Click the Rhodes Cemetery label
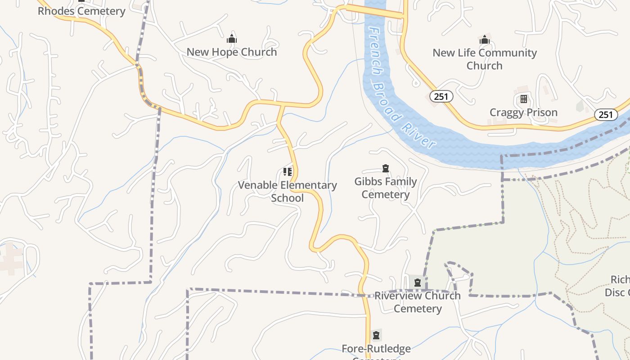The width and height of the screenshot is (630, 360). (x=81, y=11)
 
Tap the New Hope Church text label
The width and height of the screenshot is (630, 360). (x=232, y=52)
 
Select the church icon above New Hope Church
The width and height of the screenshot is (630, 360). (x=232, y=39)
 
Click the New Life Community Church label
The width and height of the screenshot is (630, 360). (x=484, y=59)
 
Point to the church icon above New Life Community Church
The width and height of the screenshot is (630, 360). (x=484, y=40)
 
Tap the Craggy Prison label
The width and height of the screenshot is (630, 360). (x=523, y=112)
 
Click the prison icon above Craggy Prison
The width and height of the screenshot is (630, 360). (x=523, y=99)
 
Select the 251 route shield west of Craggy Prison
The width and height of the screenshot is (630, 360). (x=441, y=96)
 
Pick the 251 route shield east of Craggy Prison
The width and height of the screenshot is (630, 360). (x=606, y=115)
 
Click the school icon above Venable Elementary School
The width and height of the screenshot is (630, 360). (x=287, y=171)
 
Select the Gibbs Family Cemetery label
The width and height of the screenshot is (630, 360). (x=385, y=188)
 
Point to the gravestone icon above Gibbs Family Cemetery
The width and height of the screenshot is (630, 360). (x=385, y=169)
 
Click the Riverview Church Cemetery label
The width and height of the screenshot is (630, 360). (x=418, y=302)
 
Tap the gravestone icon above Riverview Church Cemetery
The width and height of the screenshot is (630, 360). (x=418, y=283)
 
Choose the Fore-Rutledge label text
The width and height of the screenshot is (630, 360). (x=376, y=349)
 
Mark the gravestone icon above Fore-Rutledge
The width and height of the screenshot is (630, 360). (x=376, y=335)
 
